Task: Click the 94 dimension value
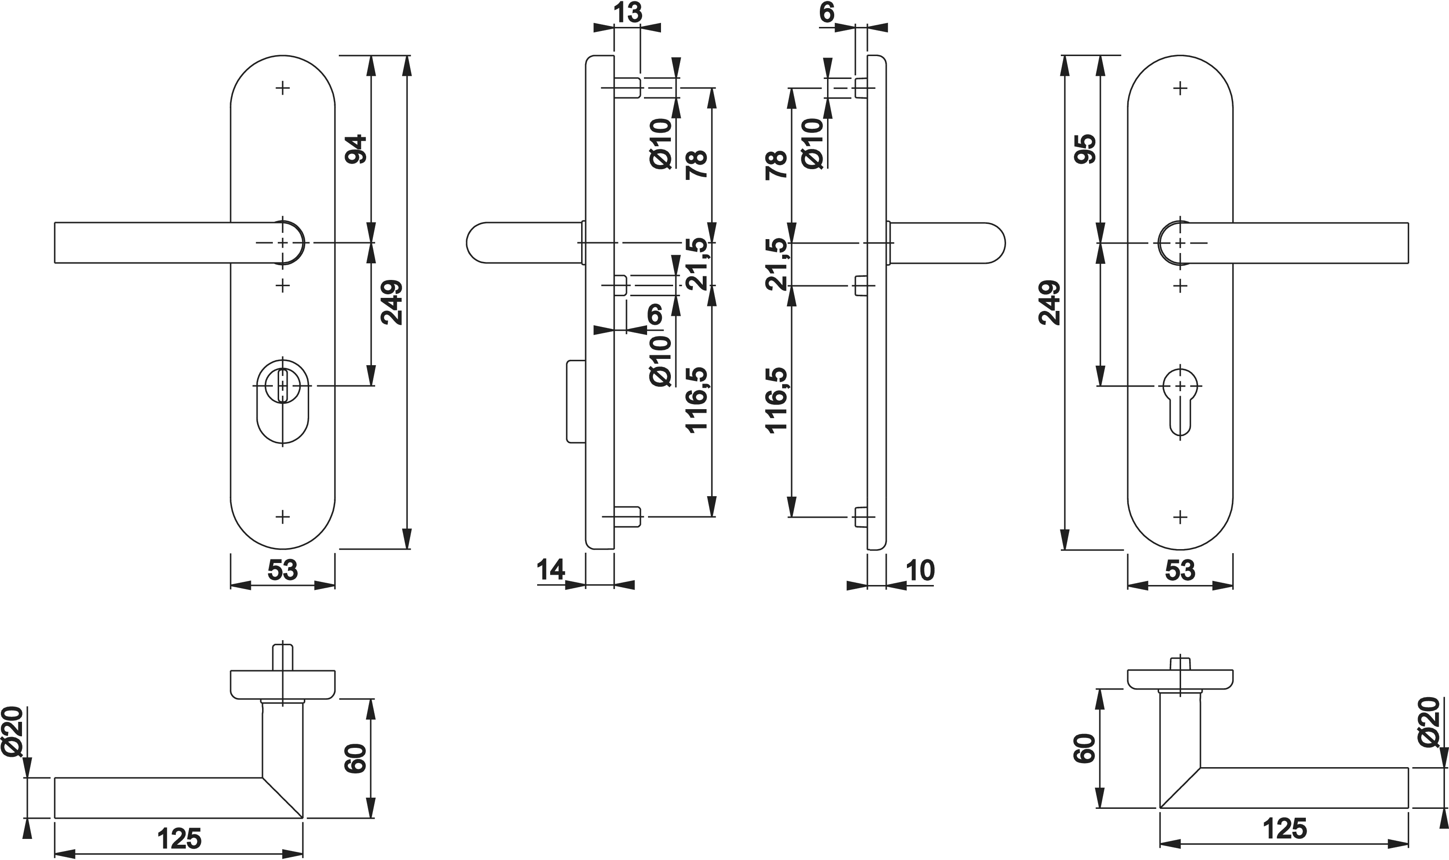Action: pyautogui.click(x=356, y=149)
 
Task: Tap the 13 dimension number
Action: pyautogui.click(x=628, y=13)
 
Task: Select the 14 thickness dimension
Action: pyautogui.click(x=550, y=570)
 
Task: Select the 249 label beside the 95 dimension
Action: pyautogui.click(x=1050, y=302)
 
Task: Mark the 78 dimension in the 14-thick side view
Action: pyautogui.click(x=697, y=164)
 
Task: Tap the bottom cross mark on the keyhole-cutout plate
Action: pyautogui.click(x=1180, y=516)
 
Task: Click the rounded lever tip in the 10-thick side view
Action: pyautogui.click(x=996, y=242)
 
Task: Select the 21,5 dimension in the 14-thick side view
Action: pyautogui.click(x=697, y=264)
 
